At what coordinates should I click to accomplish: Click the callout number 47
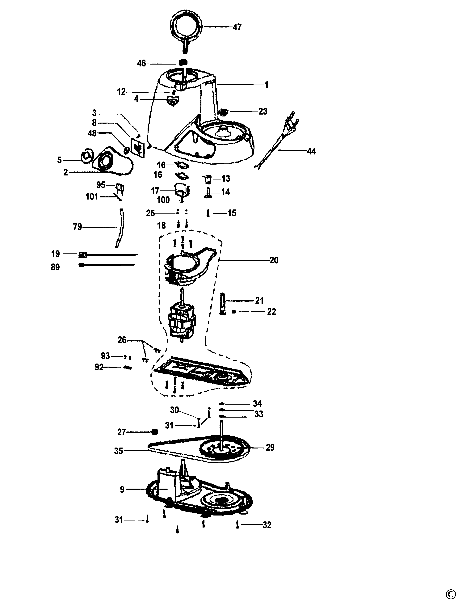point(237,27)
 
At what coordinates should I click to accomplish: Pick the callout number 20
point(274,260)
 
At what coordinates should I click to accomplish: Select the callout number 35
point(118,451)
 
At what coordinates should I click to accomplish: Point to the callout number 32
point(267,525)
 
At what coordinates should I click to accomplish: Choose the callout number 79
point(78,227)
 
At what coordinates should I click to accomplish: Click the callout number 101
point(92,196)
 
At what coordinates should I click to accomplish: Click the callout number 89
point(55,267)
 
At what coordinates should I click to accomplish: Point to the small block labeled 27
point(155,432)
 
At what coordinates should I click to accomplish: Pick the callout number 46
point(141,64)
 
